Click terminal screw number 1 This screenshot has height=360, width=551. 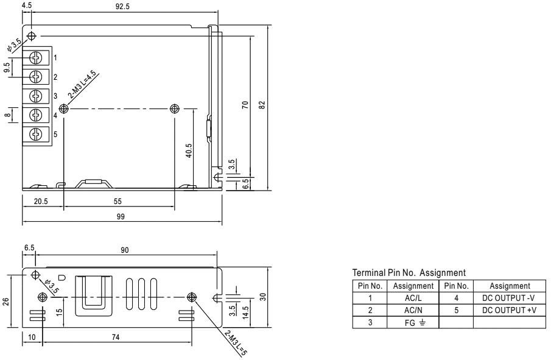point(36,58)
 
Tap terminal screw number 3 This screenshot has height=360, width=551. point(36,96)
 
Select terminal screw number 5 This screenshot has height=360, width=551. point(36,134)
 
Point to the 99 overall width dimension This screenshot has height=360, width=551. point(120,217)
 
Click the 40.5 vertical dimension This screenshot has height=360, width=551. point(189,150)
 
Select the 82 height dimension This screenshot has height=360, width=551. point(262,105)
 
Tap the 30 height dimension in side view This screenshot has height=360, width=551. point(262,297)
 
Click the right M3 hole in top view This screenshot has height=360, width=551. point(175,108)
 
